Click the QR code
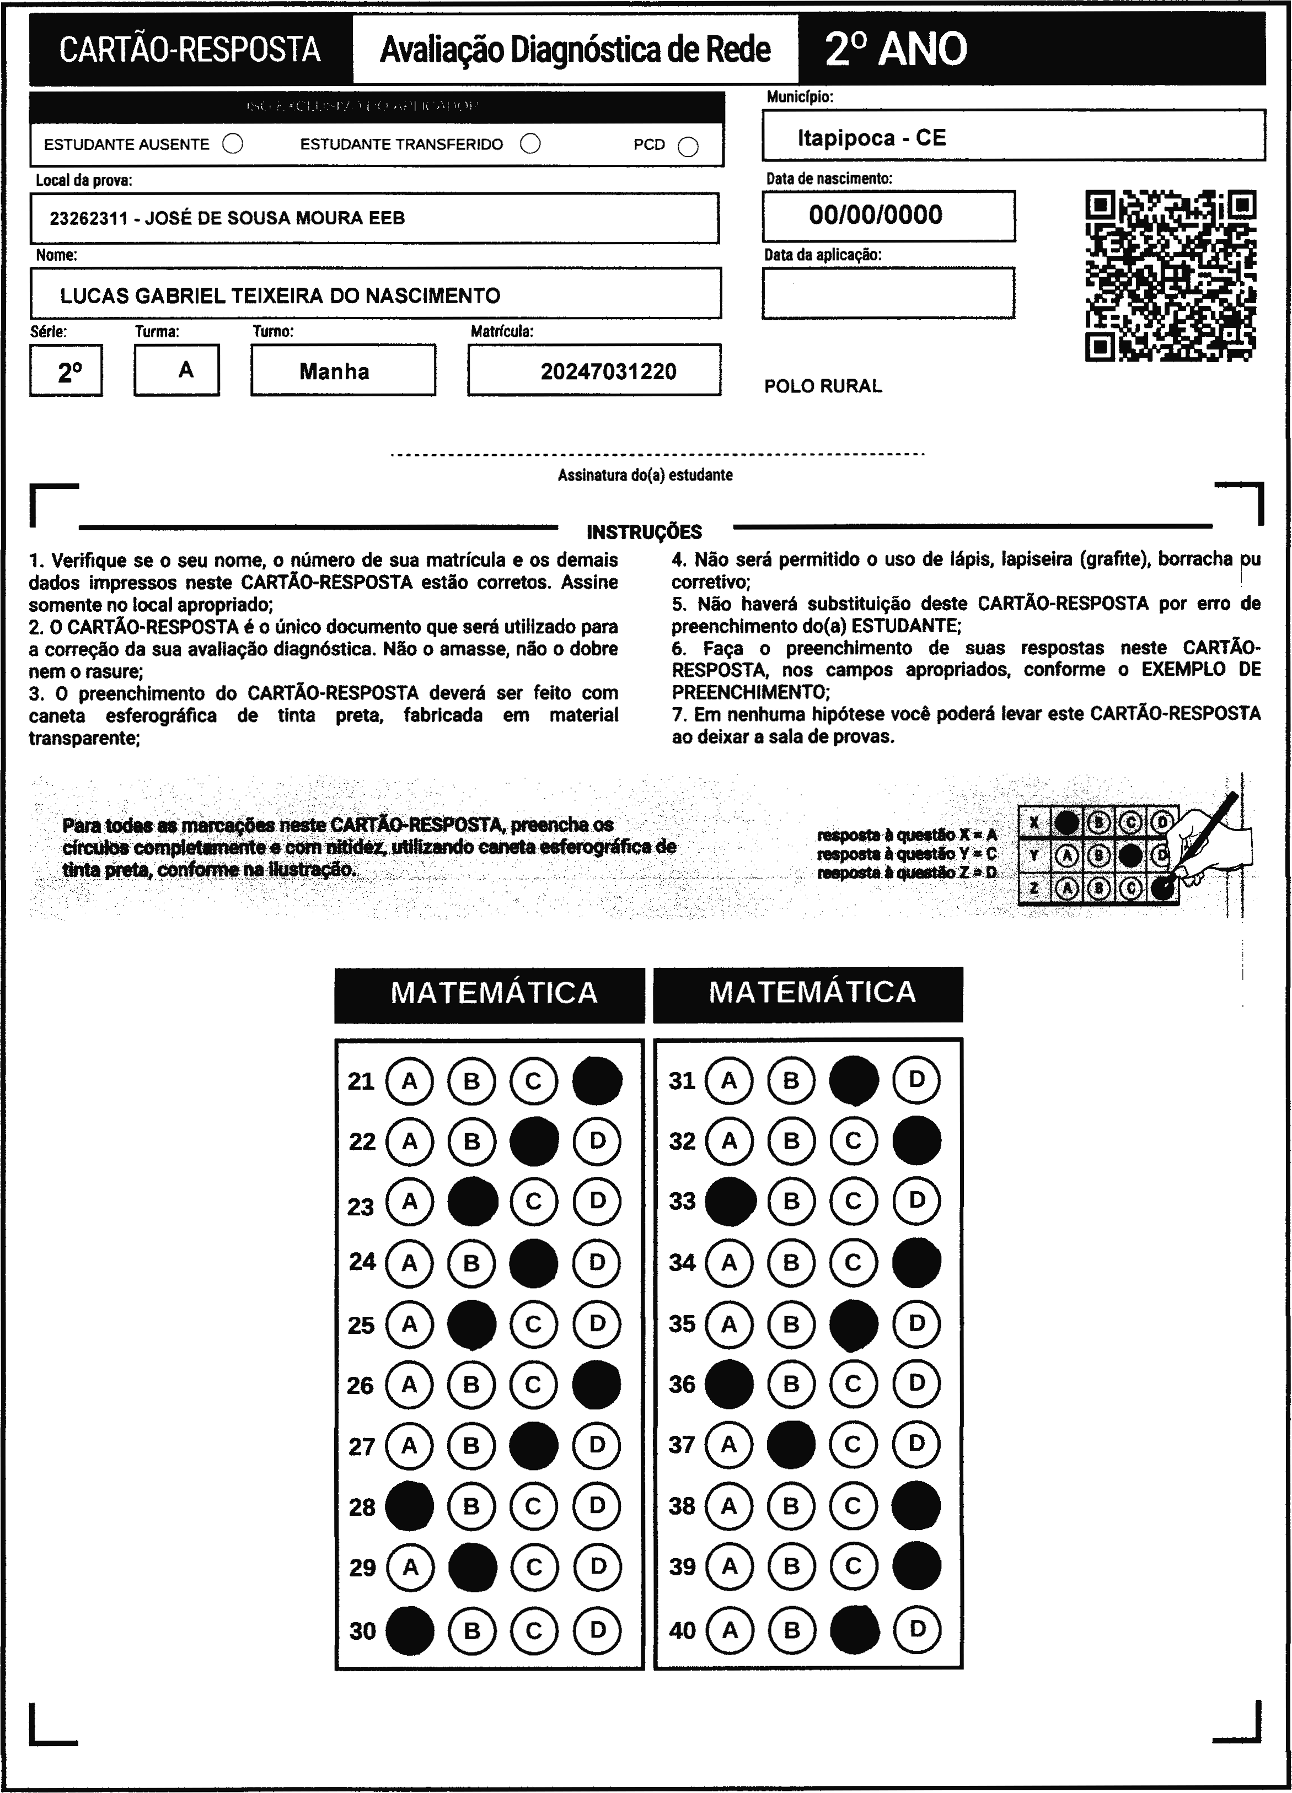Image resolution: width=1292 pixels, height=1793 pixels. tap(1170, 275)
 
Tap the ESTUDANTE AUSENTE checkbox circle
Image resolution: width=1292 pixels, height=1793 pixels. tap(233, 144)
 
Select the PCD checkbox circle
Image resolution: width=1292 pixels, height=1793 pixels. tap(688, 147)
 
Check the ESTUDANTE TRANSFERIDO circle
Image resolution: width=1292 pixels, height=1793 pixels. tap(530, 144)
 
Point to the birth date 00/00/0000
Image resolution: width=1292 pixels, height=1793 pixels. tap(875, 215)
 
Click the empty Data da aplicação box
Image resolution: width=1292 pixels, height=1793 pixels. tap(887, 293)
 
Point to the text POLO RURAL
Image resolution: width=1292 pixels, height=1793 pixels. tap(822, 386)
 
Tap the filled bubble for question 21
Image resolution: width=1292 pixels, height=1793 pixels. tap(597, 1081)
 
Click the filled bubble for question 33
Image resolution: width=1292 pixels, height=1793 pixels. tap(729, 1202)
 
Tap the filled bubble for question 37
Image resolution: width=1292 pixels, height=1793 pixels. tap(791, 1445)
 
